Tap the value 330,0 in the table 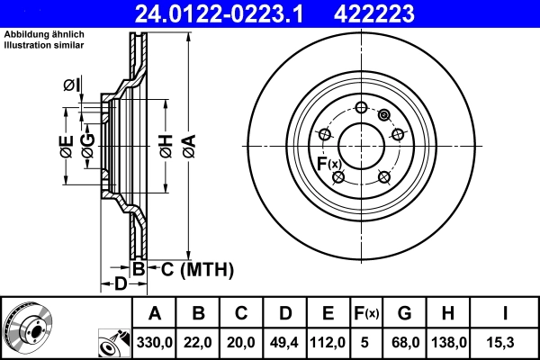(154, 342)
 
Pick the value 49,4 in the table (285, 342)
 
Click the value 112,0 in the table (328, 342)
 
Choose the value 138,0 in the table (447, 342)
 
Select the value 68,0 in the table (404, 342)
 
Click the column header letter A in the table (154, 313)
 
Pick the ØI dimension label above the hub (71, 85)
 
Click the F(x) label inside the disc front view (328, 163)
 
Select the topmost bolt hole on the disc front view (361, 106)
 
